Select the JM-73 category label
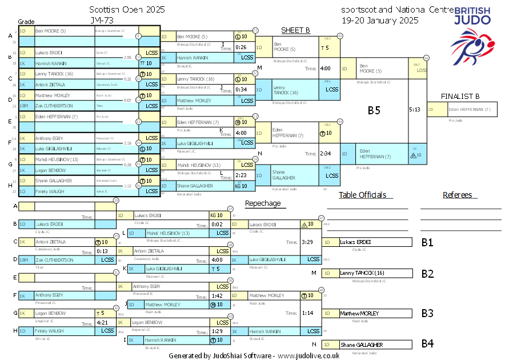(101, 19)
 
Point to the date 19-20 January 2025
(380, 19)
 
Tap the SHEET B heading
(295, 30)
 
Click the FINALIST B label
(460, 97)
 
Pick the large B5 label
(374, 110)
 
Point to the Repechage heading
(263, 203)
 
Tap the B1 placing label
(428, 242)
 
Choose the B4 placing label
(428, 344)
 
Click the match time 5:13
(415, 109)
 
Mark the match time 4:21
(103, 323)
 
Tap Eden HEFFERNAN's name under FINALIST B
(470, 109)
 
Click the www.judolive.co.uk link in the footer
(308, 355)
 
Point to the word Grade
(26, 20)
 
